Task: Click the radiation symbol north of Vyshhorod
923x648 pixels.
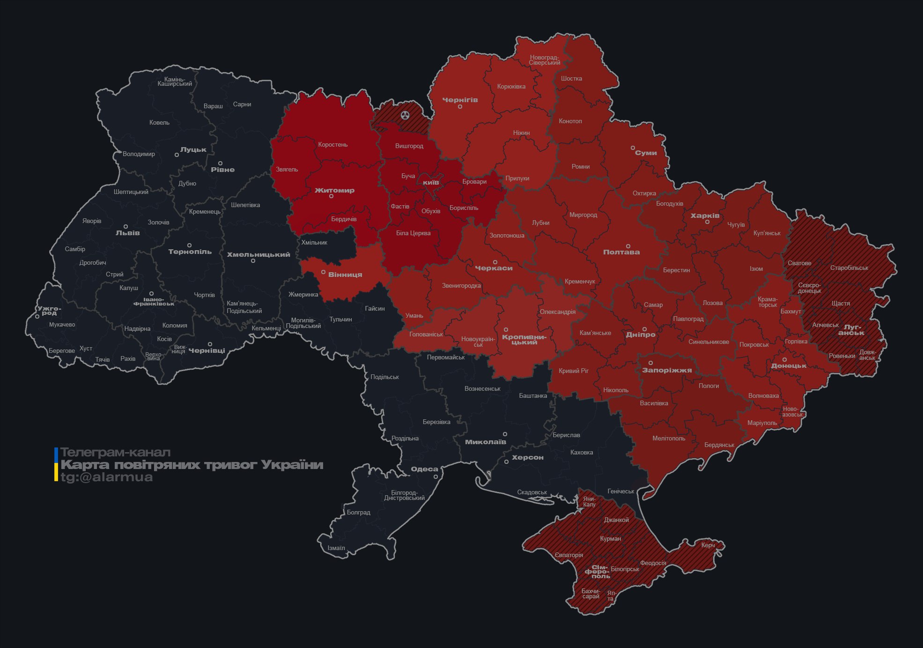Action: coord(405,115)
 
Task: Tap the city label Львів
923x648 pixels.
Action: coord(127,233)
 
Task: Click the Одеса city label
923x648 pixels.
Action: coord(424,469)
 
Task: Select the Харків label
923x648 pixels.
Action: coord(705,216)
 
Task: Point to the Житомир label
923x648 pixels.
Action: coord(334,190)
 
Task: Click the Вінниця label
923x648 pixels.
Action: coord(345,275)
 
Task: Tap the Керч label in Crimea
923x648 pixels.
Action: coord(708,545)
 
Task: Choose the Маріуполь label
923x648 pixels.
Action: coord(762,423)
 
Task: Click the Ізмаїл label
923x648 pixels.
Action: coord(336,548)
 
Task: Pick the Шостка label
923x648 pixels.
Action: coord(571,78)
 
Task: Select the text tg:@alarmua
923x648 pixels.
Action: coord(107,477)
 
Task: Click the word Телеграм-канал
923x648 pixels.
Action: coord(115,453)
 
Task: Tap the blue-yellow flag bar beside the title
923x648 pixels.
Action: coord(56,464)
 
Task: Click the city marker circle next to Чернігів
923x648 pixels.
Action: coord(460,107)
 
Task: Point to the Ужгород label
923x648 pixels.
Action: coord(49,311)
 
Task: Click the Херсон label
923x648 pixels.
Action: coord(527,457)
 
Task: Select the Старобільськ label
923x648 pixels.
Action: coord(849,268)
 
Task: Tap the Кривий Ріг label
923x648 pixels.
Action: coord(573,371)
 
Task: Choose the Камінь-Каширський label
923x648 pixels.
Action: coord(175,82)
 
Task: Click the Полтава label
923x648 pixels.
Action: coord(621,252)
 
